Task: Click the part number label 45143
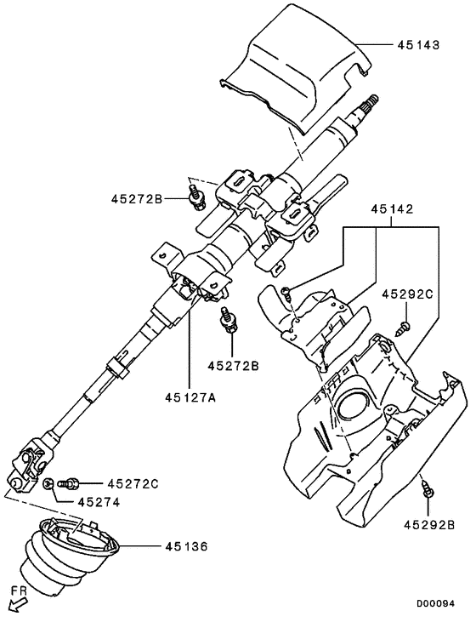click(417, 44)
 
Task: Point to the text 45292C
click(407, 294)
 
